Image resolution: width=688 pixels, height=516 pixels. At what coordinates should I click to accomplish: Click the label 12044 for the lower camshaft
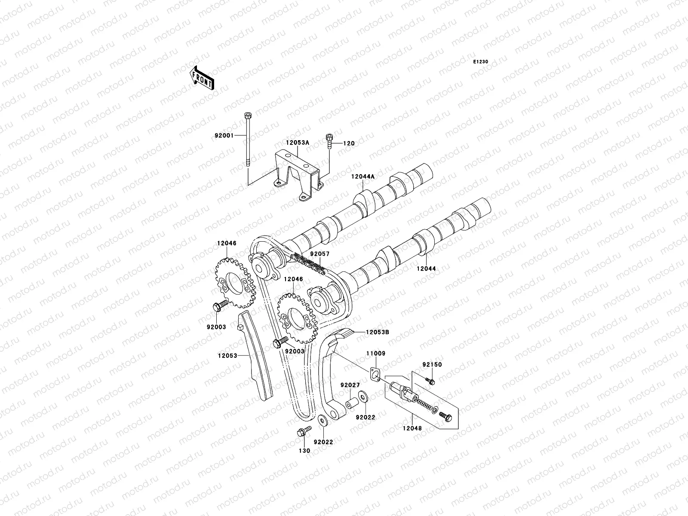click(426, 269)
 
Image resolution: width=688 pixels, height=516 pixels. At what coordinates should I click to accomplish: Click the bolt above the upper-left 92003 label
click(218, 307)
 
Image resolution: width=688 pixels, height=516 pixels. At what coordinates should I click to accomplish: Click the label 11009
click(375, 353)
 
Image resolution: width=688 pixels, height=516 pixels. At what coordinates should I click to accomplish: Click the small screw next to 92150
click(430, 381)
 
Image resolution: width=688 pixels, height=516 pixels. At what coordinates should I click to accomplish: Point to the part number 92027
click(350, 385)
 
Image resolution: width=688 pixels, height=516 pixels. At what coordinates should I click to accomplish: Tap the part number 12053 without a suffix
click(228, 356)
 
